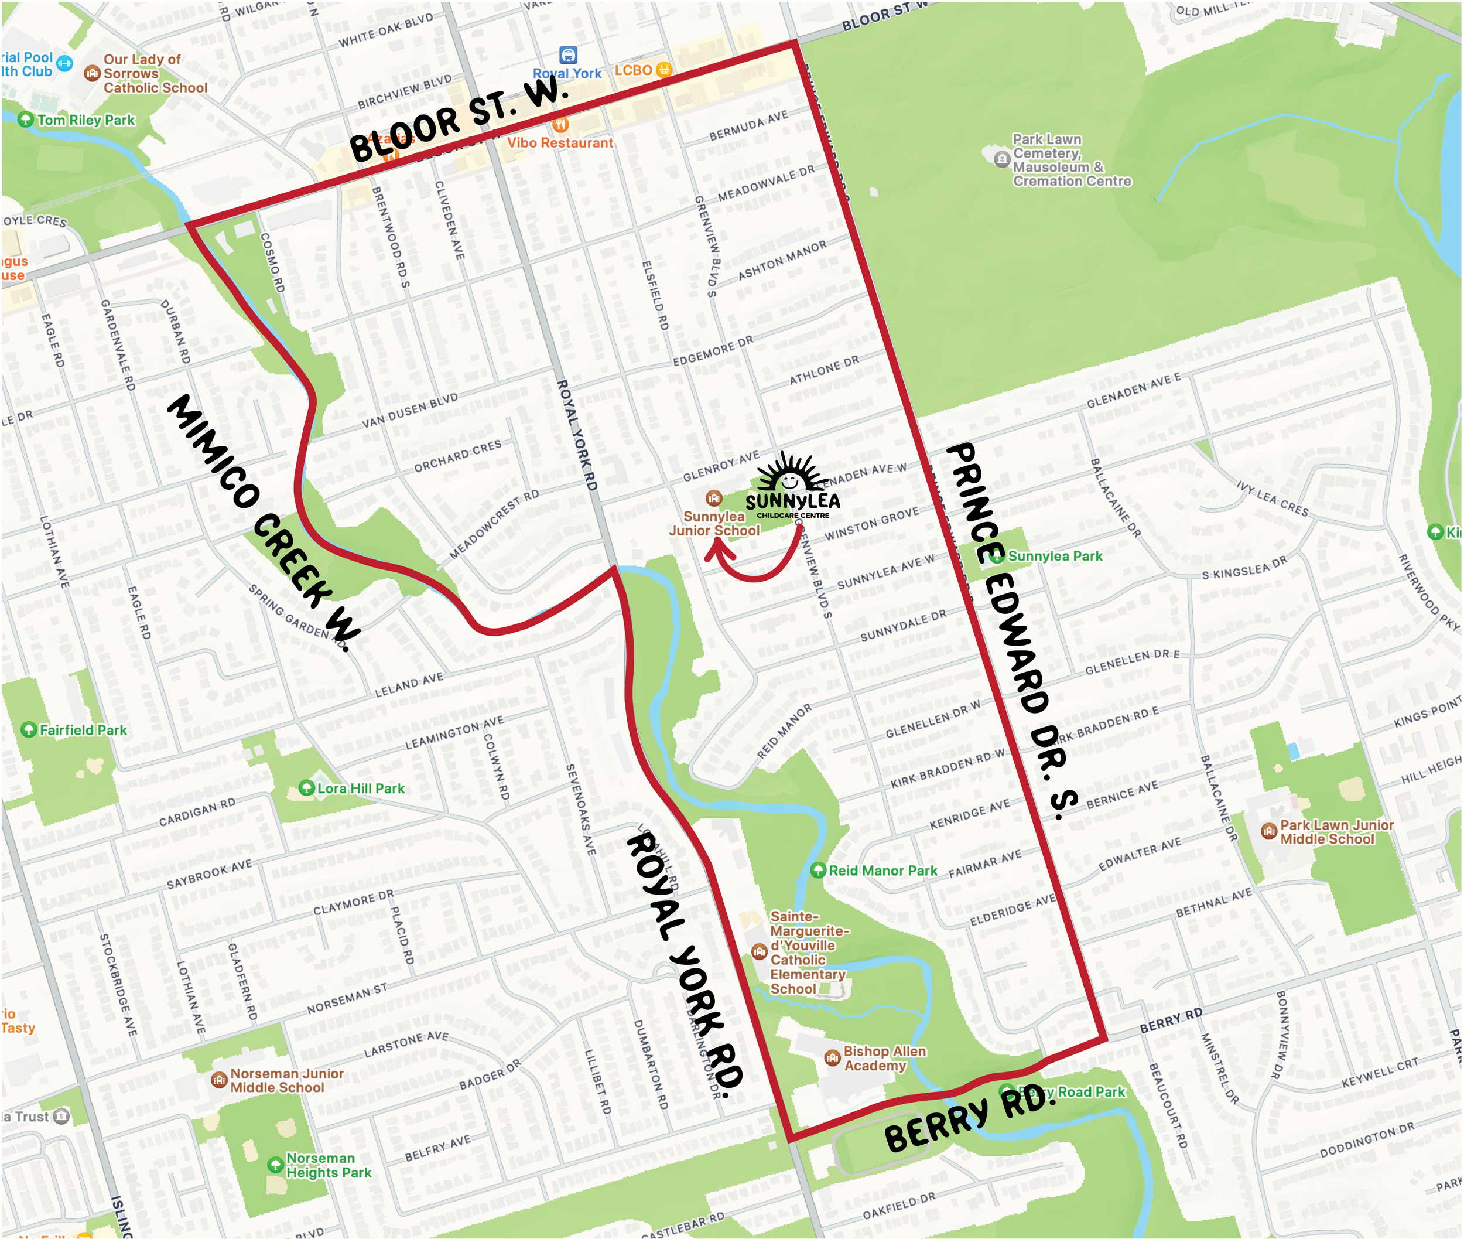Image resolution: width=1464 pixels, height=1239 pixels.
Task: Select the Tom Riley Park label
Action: pos(85,120)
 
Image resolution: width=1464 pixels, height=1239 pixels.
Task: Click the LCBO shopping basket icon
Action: pos(663,70)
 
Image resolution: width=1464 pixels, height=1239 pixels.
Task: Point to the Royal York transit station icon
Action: pos(568,55)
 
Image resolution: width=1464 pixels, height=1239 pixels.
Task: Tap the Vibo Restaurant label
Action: pos(560,142)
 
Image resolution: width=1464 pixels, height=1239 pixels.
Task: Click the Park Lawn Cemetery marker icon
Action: pos(1002,159)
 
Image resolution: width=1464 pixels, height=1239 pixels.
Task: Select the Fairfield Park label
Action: pos(83,730)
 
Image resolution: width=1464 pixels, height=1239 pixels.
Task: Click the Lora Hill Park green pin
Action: pos(306,787)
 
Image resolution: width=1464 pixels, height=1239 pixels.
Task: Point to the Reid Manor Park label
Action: pos(882,871)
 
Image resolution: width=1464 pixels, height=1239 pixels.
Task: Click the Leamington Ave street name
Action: pos(454,733)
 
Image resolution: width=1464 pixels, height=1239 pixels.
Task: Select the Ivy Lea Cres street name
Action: pos(1273,499)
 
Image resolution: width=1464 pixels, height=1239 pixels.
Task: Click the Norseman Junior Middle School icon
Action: pos(219,1080)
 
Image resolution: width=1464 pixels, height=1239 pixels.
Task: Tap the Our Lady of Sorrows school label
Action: pos(155,73)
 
